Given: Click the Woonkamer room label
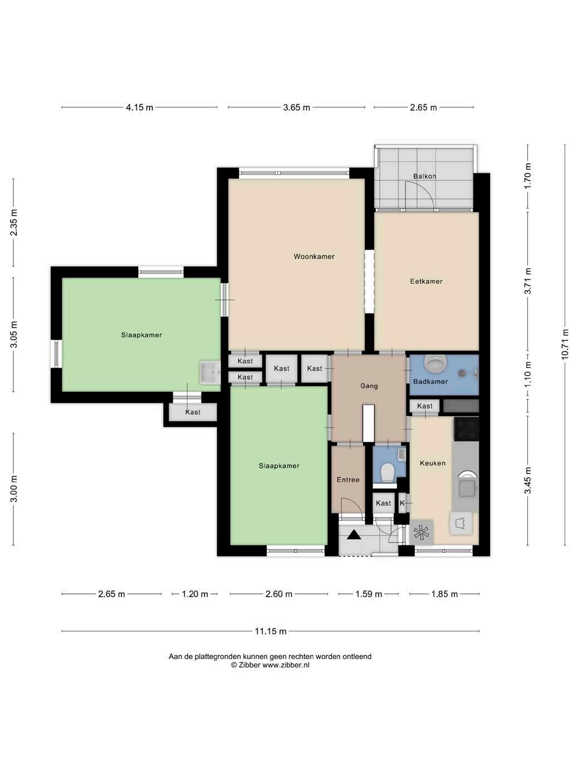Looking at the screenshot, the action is pyautogui.click(x=314, y=257).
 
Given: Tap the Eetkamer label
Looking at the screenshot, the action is pyautogui.click(x=426, y=281).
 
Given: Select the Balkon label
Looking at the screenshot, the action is pyautogui.click(x=424, y=177).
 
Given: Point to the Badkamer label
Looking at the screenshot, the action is pyautogui.click(x=430, y=382).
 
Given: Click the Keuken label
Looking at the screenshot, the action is pyautogui.click(x=432, y=463).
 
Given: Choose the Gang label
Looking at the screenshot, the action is pyautogui.click(x=369, y=386).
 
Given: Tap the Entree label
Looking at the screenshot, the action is pyautogui.click(x=348, y=480).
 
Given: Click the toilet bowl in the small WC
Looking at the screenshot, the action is pyautogui.click(x=387, y=472).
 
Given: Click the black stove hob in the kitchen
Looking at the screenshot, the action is pyautogui.click(x=466, y=429).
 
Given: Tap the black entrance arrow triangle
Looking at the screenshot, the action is pyautogui.click(x=354, y=535).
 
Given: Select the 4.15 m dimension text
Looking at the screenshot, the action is pyautogui.click(x=139, y=108).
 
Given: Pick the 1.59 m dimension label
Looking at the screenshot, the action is pyautogui.click(x=369, y=594).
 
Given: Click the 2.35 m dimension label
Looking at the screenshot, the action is pyautogui.click(x=13, y=223).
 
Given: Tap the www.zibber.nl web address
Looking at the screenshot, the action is pyautogui.click(x=286, y=665).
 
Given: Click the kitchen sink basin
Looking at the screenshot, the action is pyautogui.click(x=467, y=486).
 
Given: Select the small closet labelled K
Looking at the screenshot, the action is pyautogui.click(x=402, y=503).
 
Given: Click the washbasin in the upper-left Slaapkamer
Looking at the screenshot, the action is pyautogui.click(x=210, y=372).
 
